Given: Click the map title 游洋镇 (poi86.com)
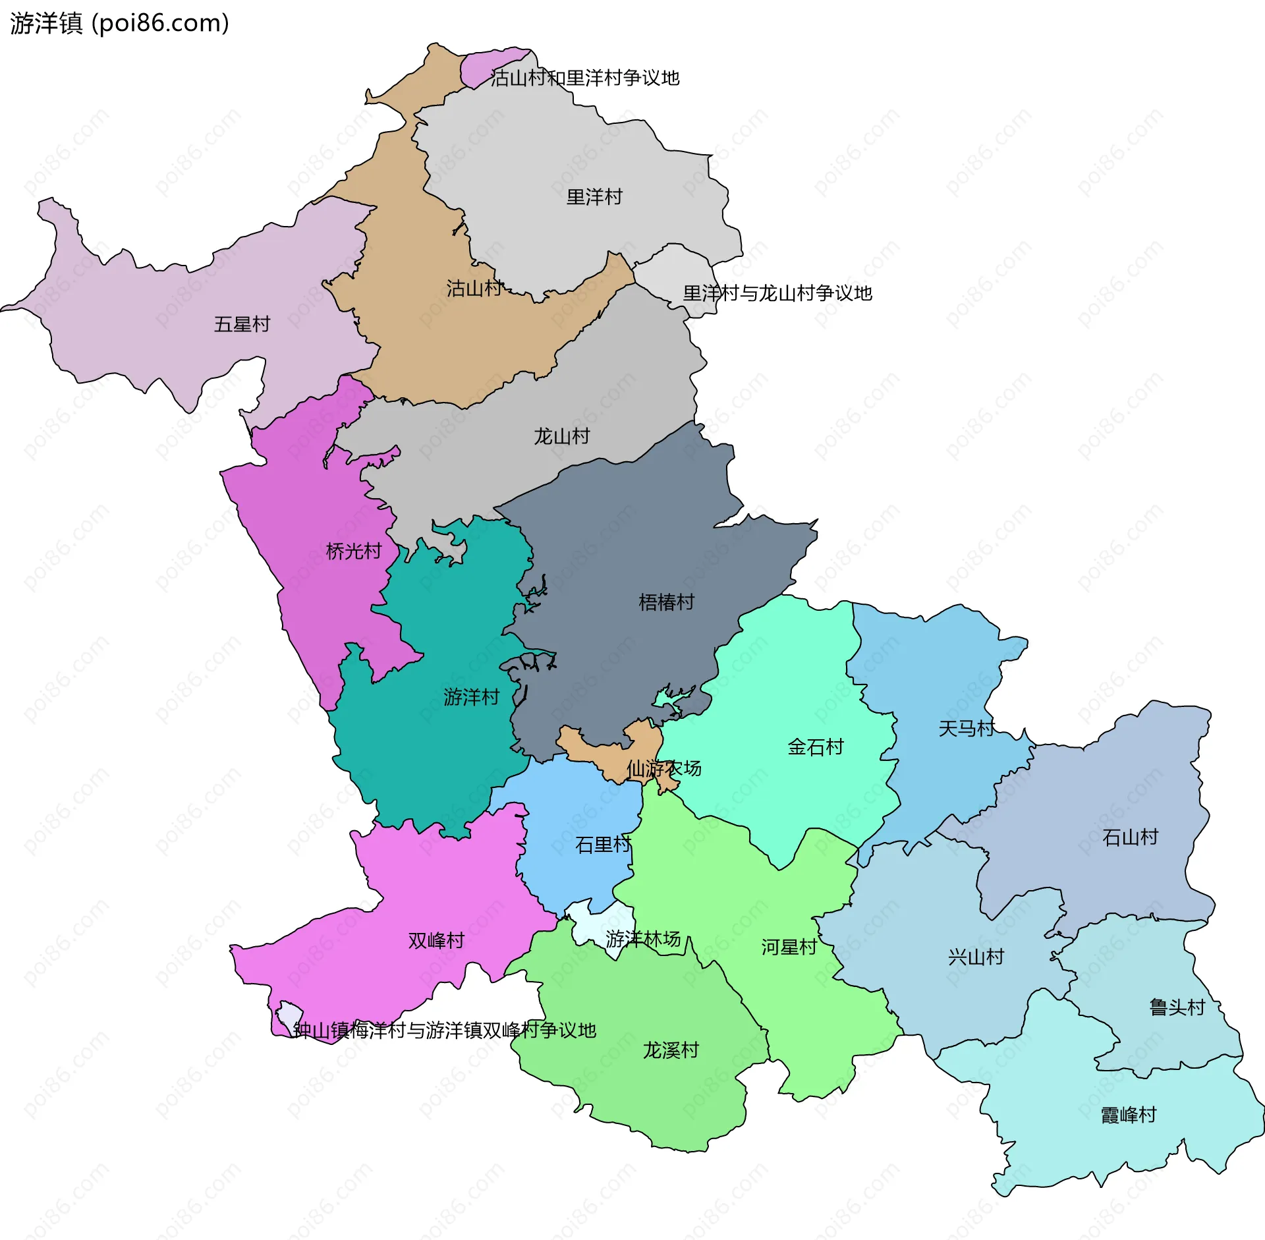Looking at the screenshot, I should click(x=119, y=23).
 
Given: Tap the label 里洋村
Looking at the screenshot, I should click(x=594, y=197).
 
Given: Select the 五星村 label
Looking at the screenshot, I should click(x=242, y=324).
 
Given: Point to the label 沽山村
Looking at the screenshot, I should click(x=474, y=289).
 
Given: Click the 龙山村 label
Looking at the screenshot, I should click(x=561, y=436).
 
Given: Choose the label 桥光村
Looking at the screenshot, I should click(x=354, y=551).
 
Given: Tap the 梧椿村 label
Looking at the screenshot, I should click(x=666, y=602).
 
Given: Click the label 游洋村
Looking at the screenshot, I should click(x=471, y=697).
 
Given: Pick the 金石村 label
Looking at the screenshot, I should click(x=816, y=747).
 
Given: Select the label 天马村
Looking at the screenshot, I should click(x=966, y=729).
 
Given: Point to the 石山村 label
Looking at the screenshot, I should click(x=1130, y=837).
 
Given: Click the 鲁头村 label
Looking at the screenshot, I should click(x=1177, y=1007).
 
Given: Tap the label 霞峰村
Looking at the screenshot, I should click(x=1129, y=1115).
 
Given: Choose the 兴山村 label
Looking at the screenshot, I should click(x=976, y=957).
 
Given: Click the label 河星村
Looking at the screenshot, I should click(x=789, y=947).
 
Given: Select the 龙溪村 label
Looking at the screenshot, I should click(x=670, y=1050).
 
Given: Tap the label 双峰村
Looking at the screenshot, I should click(x=436, y=941).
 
